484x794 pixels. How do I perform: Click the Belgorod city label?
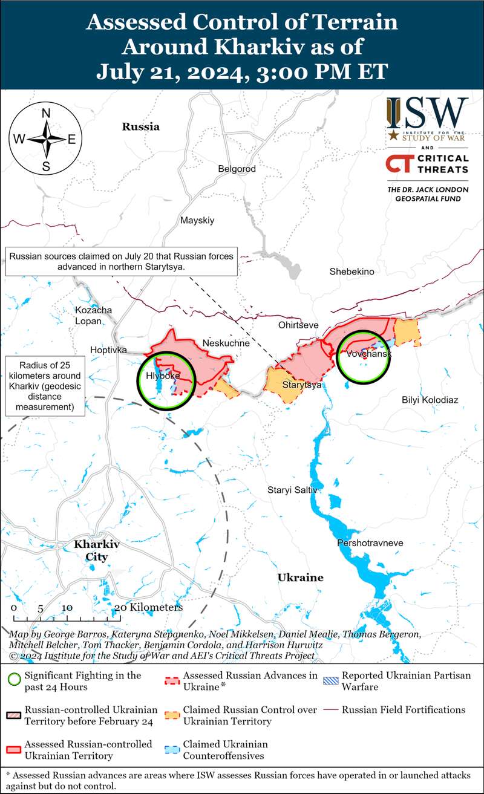[x=237, y=169]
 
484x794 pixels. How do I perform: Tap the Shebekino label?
[x=352, y=272]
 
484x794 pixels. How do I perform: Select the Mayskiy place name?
[x=197, y=220]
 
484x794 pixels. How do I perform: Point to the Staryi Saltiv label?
[x=292, y=490]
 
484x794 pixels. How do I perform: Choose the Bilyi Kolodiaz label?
[x=430, y=400]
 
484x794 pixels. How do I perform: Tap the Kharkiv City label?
[x=97, y=550]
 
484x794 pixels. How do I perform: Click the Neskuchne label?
[x=226, y=343]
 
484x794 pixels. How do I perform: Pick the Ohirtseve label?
[x=298, y=325]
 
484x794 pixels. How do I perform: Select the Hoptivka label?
[x=108, y=350]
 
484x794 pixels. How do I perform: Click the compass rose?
[x=46, y=138]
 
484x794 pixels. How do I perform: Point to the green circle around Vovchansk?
[x=364, y=357]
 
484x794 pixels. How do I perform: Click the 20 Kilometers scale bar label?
[x=148, y=607]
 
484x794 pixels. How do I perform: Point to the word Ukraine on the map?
[x=300, y=578]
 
